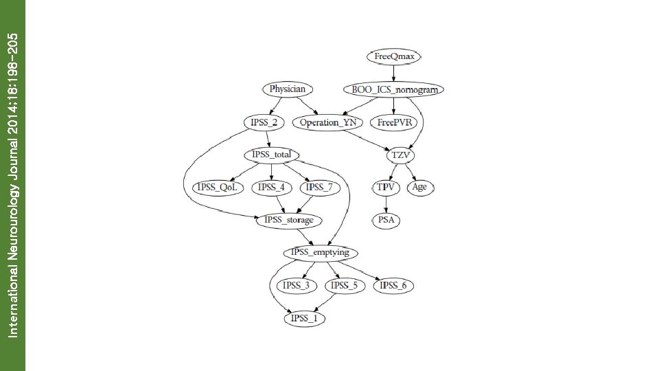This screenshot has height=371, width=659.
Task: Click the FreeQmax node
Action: point(394,56)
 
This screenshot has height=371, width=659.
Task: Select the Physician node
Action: point(287,89)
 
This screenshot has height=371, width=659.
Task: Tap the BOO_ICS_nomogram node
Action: point(393,89)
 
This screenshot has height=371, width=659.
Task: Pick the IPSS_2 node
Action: point(264,122)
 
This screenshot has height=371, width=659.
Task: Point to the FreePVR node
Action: point(393,122)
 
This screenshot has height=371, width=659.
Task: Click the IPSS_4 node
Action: point(271,188)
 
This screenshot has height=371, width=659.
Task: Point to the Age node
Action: point(420,188)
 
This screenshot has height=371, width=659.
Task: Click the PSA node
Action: point(386,221)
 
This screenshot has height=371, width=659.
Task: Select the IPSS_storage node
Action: point(290,221)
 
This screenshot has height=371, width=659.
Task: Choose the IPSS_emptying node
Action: point(321,253)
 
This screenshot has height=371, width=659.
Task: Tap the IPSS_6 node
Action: point(393,286)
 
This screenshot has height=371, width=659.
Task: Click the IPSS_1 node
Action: point(304,318)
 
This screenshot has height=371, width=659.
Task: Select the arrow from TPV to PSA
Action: point(386,204)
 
